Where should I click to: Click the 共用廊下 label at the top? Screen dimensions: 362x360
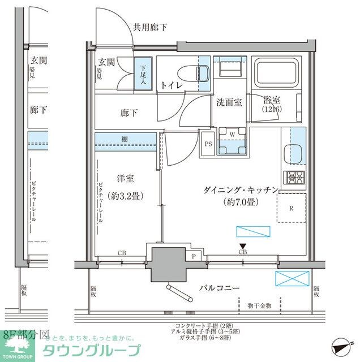(150, 27)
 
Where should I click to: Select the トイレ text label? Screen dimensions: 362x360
(171, 85)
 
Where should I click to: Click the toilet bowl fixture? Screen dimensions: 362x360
(199, 72)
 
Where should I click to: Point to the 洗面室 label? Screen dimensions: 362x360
(229, 102)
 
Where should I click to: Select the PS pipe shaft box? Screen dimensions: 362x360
(208, 144)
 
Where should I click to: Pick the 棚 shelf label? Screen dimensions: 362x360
(124, 139)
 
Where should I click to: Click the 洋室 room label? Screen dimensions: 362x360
(125, 179)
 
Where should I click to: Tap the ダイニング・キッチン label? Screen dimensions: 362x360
(239, 189)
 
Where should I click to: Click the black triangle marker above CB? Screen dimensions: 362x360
(242, 245)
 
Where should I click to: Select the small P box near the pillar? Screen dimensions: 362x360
(194, 256)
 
